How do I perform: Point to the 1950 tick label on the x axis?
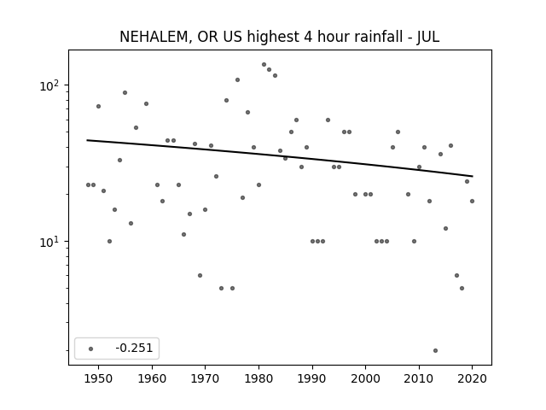[x=99, y=378]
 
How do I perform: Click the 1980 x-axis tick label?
[x=258, y=378]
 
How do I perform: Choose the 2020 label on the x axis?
[x=472, y=378]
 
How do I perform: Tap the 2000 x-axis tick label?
[x=366, y=378]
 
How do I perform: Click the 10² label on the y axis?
[x=50, y=85]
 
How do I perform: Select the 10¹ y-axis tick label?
[x=50, y=241]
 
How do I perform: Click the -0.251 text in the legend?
[x=134, y=348]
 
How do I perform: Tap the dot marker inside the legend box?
[x=91, y=348]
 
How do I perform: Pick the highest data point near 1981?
[x=264, y=65]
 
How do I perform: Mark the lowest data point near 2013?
[x=435, y=350]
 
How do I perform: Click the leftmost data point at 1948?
[x=88, y=184]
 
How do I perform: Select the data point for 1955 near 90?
[x=125, y=93]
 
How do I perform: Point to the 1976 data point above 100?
[x=237, y=79]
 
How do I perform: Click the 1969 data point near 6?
[x=200, y=275]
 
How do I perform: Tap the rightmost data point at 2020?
[x=472, y=202]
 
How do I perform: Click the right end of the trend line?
[x=473, y=176]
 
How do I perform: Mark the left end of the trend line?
[x=87, y=140]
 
